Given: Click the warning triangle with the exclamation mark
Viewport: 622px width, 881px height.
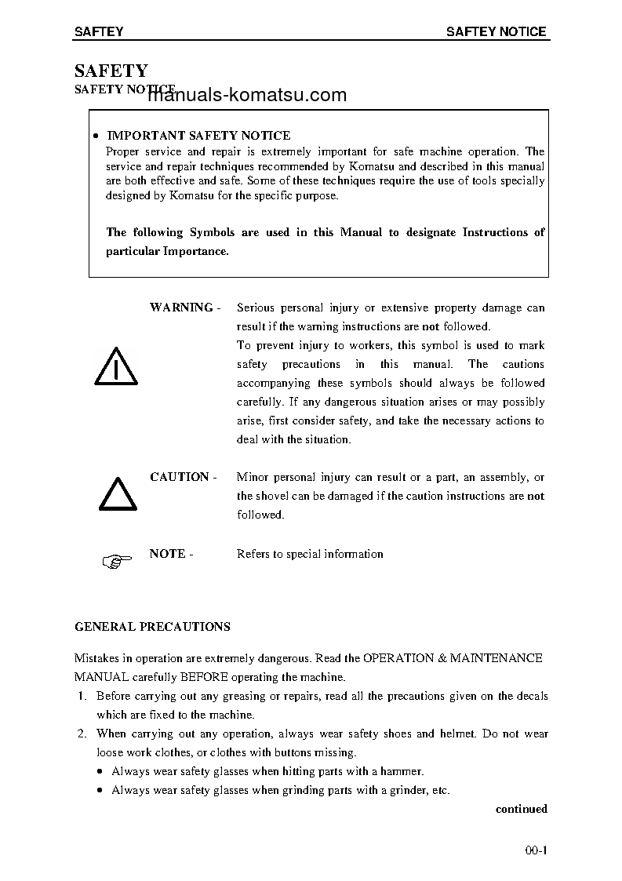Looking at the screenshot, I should [x=115, y=366].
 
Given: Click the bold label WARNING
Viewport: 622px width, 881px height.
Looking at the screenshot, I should [x=181, y=308].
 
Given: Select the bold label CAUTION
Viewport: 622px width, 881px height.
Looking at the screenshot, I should [x=180, y=477].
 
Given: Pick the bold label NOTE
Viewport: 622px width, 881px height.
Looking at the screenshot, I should [x=167, y=554].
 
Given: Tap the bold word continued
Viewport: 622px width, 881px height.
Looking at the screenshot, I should [x=521, y=809].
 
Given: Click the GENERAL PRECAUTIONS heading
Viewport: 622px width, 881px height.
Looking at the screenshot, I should [x=152, y=627].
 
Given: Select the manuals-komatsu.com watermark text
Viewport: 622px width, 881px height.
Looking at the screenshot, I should [x=246, y=96].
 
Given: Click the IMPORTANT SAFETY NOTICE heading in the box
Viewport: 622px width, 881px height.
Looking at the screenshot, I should [x=198, y=136].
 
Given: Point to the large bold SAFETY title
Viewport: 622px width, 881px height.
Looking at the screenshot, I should [x=111, y=71].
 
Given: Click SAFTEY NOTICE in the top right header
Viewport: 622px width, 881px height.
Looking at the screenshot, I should [x=496, y=32].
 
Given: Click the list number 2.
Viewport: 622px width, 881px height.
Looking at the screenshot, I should [x=81, y=734].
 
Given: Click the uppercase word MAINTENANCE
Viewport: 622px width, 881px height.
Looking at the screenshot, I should [x=496, y=658].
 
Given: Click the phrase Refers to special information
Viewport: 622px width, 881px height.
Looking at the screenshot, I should [x=310, y=554].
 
